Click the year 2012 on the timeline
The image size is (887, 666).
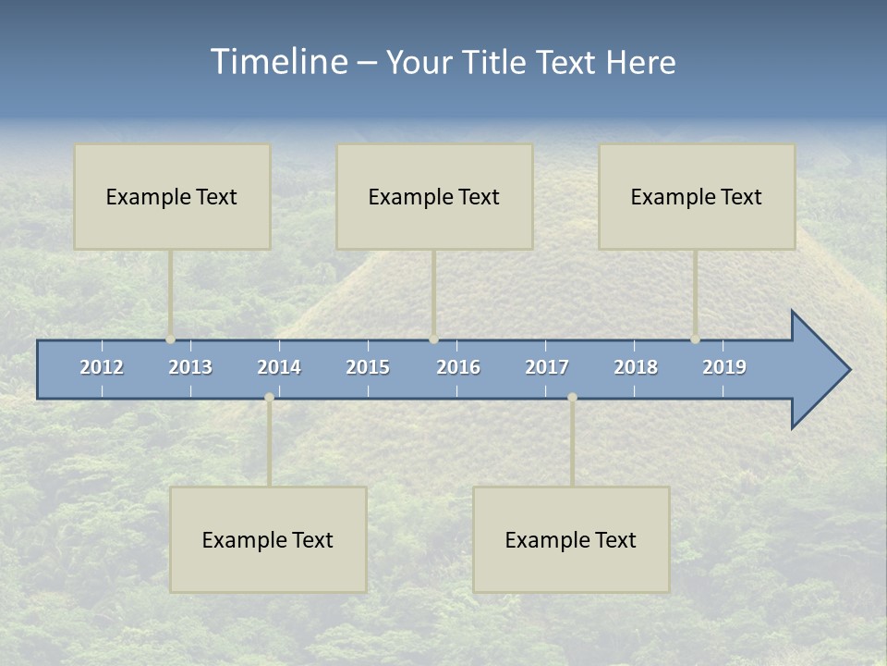click(102, 367)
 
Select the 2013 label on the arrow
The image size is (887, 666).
click(190, 367)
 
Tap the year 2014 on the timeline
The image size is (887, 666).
click(279, 367)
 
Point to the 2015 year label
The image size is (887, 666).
click(368, 367)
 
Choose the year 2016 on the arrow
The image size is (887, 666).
click(458, 367)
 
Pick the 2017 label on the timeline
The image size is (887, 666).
click(547, 367)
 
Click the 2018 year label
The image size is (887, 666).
click(636, 367)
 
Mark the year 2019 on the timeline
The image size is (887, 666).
click(724, 367)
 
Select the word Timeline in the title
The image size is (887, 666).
click(277, 62)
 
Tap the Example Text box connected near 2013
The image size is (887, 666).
click(172, 196)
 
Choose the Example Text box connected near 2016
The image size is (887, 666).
click(434, 196)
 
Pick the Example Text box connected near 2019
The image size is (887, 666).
click(697, 196)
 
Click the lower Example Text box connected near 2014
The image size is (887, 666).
click(268, 539)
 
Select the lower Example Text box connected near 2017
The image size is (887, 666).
click(571, 539)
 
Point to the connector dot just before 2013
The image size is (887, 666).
click(170, 339)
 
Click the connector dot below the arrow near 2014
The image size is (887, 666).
click(269, 397)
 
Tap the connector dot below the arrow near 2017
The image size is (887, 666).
click(572, 397)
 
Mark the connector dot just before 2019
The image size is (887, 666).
click(695, 339)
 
